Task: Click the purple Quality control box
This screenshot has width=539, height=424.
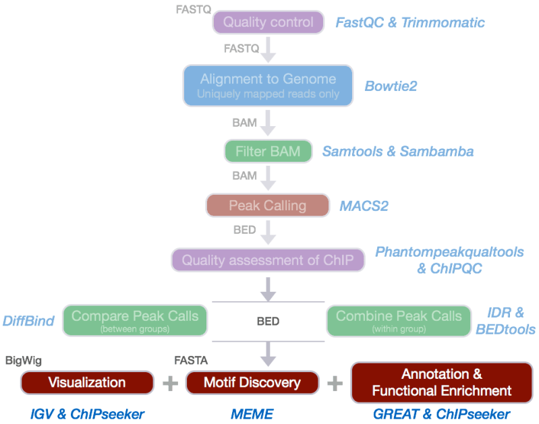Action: pyautogui.click(x=268, y=22)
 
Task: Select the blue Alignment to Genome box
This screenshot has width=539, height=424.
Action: pyautogui.click(x=268, y=85)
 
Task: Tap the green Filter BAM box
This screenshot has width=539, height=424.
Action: pyautogui.click(x=268, y=152)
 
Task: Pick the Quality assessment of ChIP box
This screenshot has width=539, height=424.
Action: pyautogui.click(x=268, y=260)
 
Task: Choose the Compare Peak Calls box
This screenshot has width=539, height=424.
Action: pyautogui.click(x=135, y=320)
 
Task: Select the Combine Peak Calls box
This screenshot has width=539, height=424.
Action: pyautogui.click(x=399, y=320)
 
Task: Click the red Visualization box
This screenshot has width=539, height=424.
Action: pyautogui.click(x=87, y=382)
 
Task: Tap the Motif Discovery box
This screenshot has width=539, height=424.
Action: pyautogui.click(x=252, y=382)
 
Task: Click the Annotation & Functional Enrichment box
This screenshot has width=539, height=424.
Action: pyautogui.click(x=442, y=382)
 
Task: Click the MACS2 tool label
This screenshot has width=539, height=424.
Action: pyautogui.click(x=364, y=205)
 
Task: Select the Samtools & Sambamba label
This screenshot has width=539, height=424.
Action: pyautogui.click(x=398, y=152)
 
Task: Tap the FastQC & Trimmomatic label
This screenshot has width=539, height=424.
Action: pyautogui.click(x=410, y=23)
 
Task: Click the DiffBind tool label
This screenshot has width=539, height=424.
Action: pyautogui.click(x=28, y=321)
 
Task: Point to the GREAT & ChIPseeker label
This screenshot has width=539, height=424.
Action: pyautogui.click(x=442, y=413)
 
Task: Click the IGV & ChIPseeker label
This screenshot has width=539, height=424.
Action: pyautogui.click(x=88, y=413)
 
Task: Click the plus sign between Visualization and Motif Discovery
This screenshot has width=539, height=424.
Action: pyautogui.click(x=170, y=383)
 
